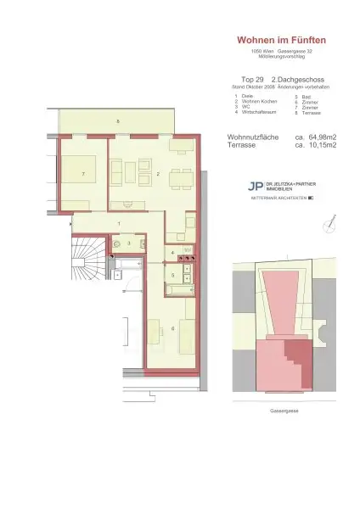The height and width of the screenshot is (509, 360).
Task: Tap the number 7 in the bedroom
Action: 82,174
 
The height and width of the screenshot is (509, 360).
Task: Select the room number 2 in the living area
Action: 159,174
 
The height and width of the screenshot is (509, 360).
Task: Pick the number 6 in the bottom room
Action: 172,328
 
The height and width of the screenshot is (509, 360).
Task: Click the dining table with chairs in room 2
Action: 178,179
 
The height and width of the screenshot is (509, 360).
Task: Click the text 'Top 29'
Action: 242,77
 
